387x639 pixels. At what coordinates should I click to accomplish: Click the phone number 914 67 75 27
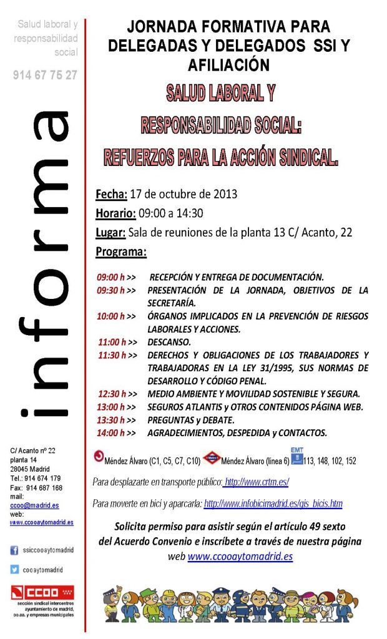tap(45, 75)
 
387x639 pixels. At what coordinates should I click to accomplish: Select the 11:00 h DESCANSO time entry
tap(112, 342)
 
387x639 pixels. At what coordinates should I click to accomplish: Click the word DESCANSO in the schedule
tap(169, 342)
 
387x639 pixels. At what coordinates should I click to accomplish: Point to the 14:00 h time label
tap(112, 432)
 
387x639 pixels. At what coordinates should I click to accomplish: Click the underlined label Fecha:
tap(111, 193)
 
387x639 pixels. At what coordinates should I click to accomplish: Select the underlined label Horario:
tap(115, 213)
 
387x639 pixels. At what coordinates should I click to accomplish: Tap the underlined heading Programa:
tap(121, 252)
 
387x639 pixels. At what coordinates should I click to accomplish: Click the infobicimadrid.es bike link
tap(273, 503)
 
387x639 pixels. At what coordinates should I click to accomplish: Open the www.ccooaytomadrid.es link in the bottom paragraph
tap(240, 556)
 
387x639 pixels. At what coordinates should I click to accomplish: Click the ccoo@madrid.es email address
tap(35, 505)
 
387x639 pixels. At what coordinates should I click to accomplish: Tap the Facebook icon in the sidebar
tap(14, 550)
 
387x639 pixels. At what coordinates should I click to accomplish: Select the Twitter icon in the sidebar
tap(14, 569)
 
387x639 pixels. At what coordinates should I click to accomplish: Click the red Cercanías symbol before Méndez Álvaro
tap(98, 456)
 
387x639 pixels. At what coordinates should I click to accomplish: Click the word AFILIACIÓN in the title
tap(228, 65)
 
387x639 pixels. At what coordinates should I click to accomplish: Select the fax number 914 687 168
tap(44, 488)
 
